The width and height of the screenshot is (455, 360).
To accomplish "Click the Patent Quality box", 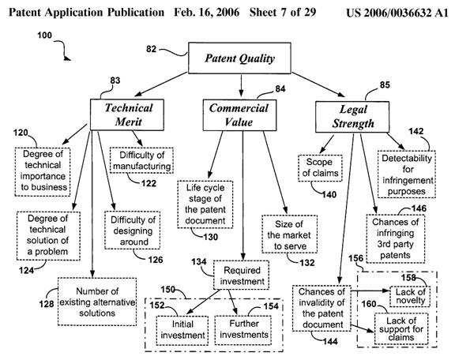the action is pos(239,58).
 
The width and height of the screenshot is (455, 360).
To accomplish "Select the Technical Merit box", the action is pos(127,114).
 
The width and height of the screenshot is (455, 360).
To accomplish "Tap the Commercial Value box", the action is pos(239,115).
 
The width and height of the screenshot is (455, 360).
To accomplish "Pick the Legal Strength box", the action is pos(352,117).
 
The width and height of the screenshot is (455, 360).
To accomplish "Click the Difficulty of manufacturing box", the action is pos(141,160).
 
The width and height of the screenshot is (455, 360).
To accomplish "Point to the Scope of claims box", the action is pos(321,168).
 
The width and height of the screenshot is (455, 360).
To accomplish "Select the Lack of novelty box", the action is pos(410,297).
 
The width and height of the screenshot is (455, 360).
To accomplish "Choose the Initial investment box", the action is pos(182,330).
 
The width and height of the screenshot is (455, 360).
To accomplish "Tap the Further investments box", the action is pos(243,330).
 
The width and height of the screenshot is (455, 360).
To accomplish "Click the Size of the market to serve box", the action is pos(289,234).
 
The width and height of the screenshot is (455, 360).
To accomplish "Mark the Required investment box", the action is pos(242,276).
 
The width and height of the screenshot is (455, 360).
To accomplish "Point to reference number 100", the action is pos(44,36).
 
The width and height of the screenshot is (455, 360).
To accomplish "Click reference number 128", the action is pos(47,304).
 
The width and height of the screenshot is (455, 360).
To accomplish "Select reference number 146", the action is pos(419,208).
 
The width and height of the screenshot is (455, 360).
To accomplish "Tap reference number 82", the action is pos(151,49).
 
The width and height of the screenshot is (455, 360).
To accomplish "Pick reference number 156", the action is pos(355,258).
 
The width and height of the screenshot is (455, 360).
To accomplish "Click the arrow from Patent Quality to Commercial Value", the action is pos(241,84).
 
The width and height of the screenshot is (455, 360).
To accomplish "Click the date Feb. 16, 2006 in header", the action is pos(207,12).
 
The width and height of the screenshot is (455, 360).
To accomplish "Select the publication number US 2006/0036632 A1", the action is pos(397,13).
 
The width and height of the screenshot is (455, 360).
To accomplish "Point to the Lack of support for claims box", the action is pos(401,328).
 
